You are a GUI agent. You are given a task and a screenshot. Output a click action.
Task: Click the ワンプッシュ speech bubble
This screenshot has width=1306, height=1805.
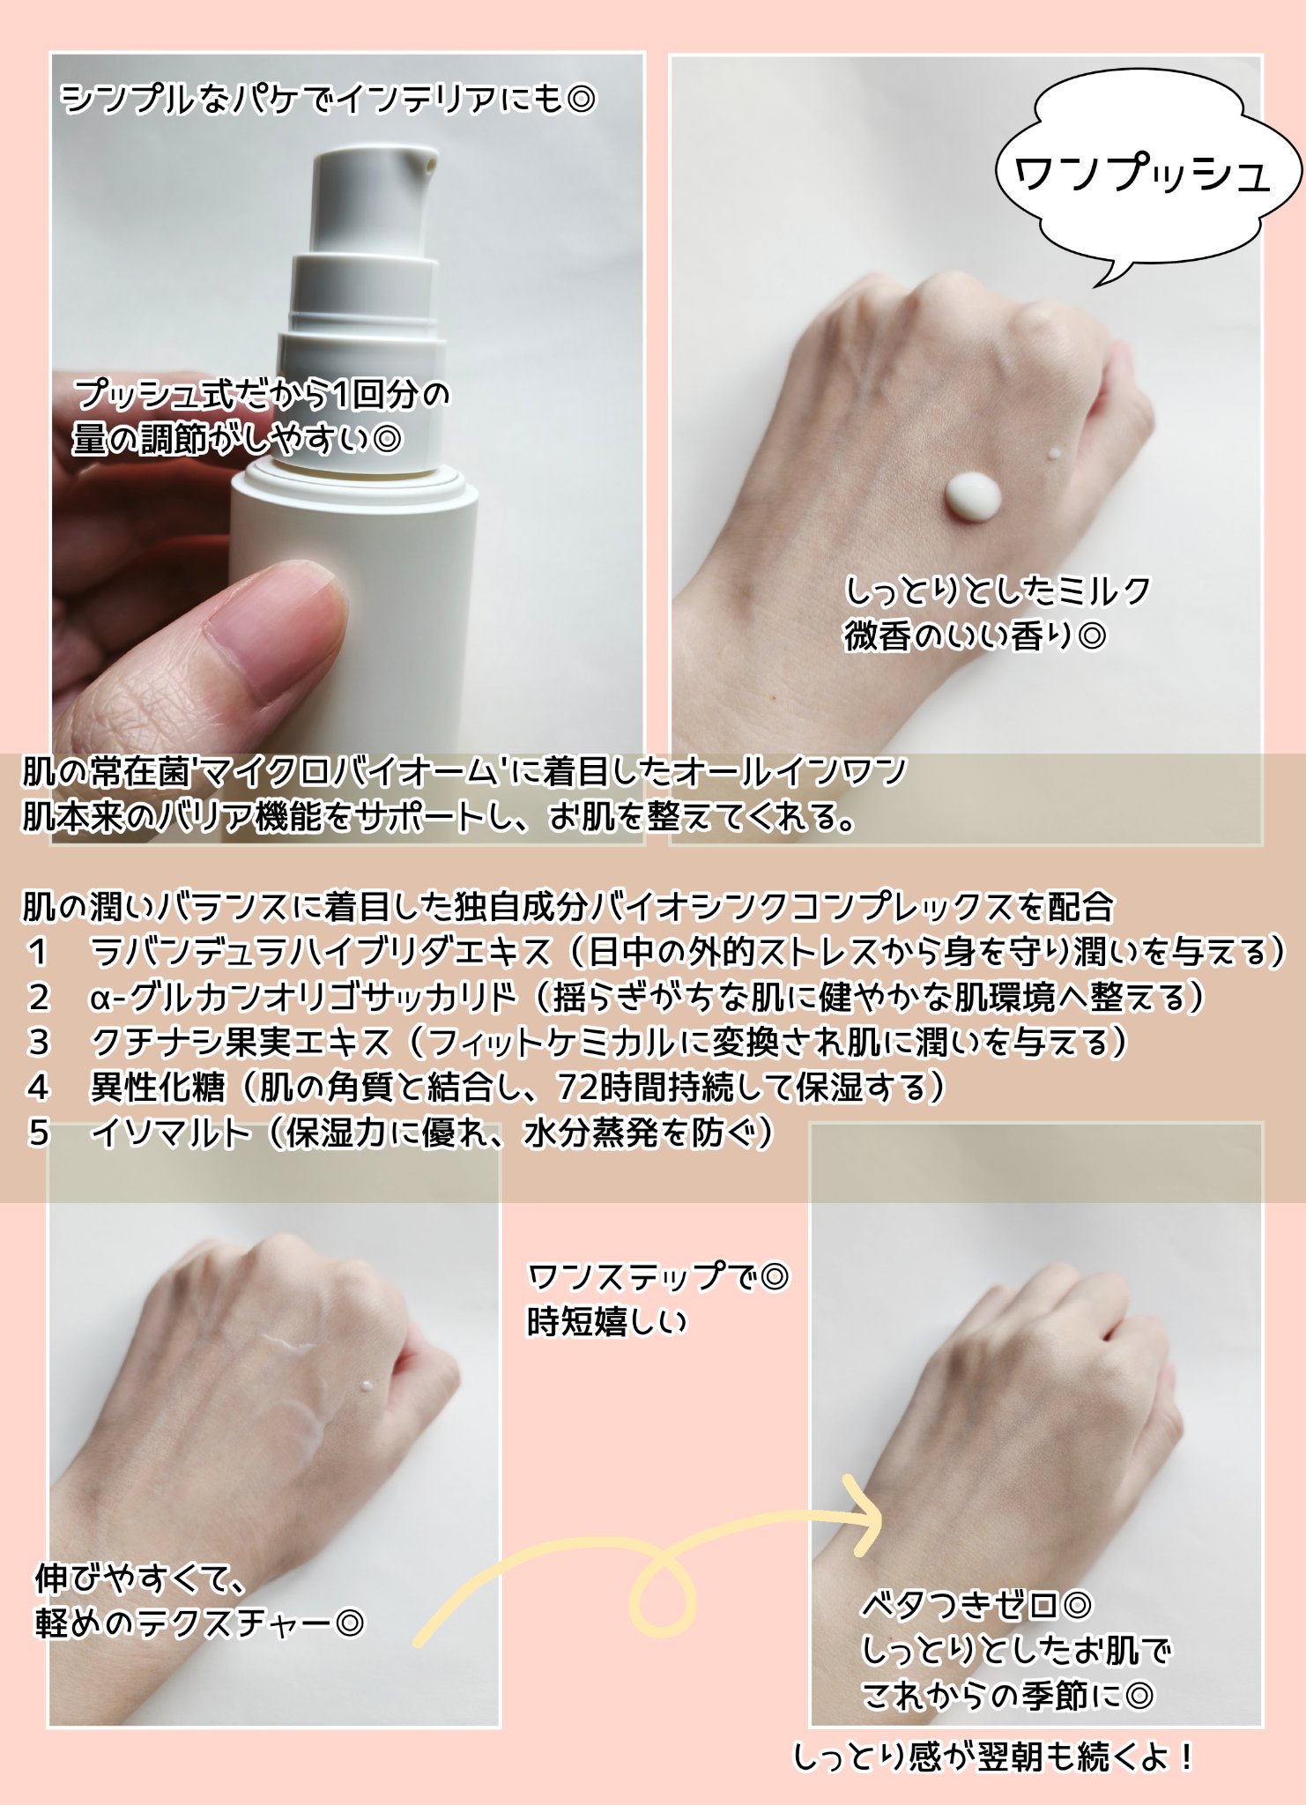[1146, 172]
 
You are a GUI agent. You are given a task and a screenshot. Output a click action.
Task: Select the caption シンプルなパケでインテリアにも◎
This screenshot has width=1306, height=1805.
[329, 98]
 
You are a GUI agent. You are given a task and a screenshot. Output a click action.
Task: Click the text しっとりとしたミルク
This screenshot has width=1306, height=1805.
[998, 591]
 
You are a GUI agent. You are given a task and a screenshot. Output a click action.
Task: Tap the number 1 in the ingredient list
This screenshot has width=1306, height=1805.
[37, 952]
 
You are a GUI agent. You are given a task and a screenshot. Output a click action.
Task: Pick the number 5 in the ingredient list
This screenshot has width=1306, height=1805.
[38, 1133]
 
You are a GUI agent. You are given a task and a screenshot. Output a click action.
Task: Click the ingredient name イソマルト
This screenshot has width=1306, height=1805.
[172, 1133]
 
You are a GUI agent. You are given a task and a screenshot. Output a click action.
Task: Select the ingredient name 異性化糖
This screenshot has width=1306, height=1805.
[158, 1088]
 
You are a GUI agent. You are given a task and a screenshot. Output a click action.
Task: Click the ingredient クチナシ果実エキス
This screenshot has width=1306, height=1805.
[241, 1043]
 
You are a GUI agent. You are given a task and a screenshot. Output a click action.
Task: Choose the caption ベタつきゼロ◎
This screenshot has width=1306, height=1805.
[976, 1605]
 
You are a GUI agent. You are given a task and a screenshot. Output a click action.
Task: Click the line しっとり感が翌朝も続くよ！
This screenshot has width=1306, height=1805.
[994, 1757]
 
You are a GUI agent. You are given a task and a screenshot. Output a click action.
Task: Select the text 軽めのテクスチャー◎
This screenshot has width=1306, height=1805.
[199, 1623]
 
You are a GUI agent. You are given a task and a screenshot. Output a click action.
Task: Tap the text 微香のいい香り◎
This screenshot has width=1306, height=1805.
[975, 636]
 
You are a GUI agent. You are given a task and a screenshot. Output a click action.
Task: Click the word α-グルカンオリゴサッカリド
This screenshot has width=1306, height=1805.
[302, 998]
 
